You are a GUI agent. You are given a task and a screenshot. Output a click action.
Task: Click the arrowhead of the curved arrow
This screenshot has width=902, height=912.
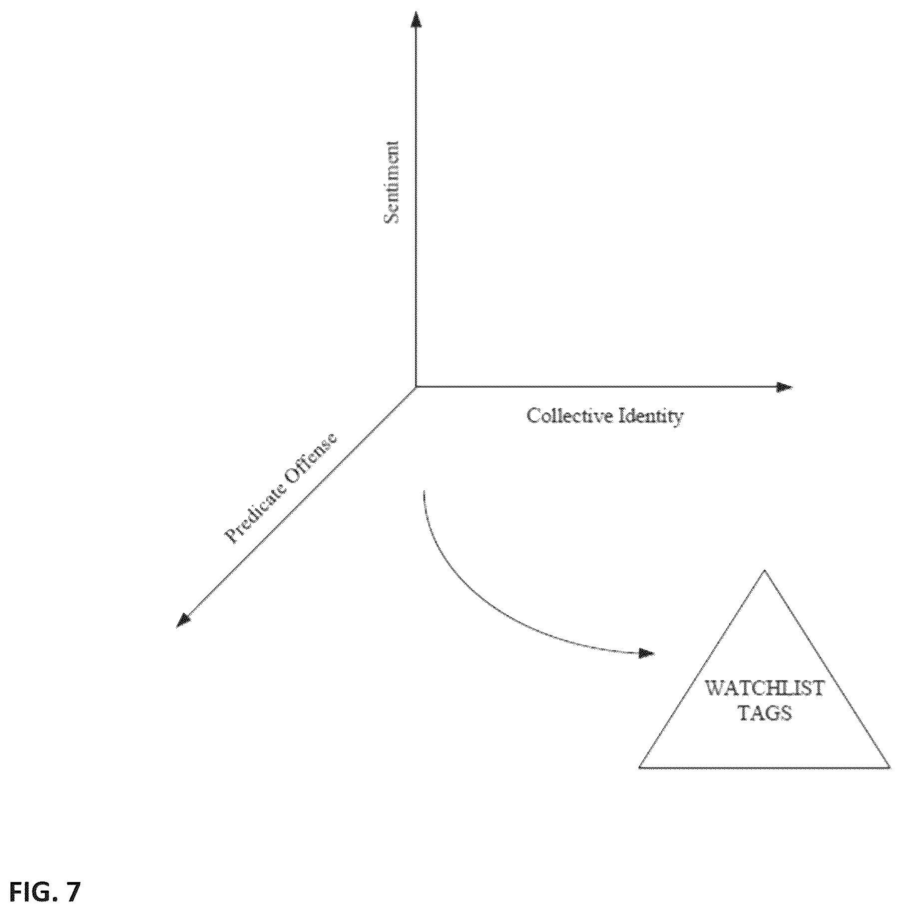(647, 653)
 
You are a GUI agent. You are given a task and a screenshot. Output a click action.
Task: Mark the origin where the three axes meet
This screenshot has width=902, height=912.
(416, 386)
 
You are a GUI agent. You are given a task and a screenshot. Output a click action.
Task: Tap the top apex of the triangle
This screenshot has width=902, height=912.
(764, 570)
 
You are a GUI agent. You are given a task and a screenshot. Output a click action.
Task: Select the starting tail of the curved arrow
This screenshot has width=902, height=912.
(424, 491)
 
